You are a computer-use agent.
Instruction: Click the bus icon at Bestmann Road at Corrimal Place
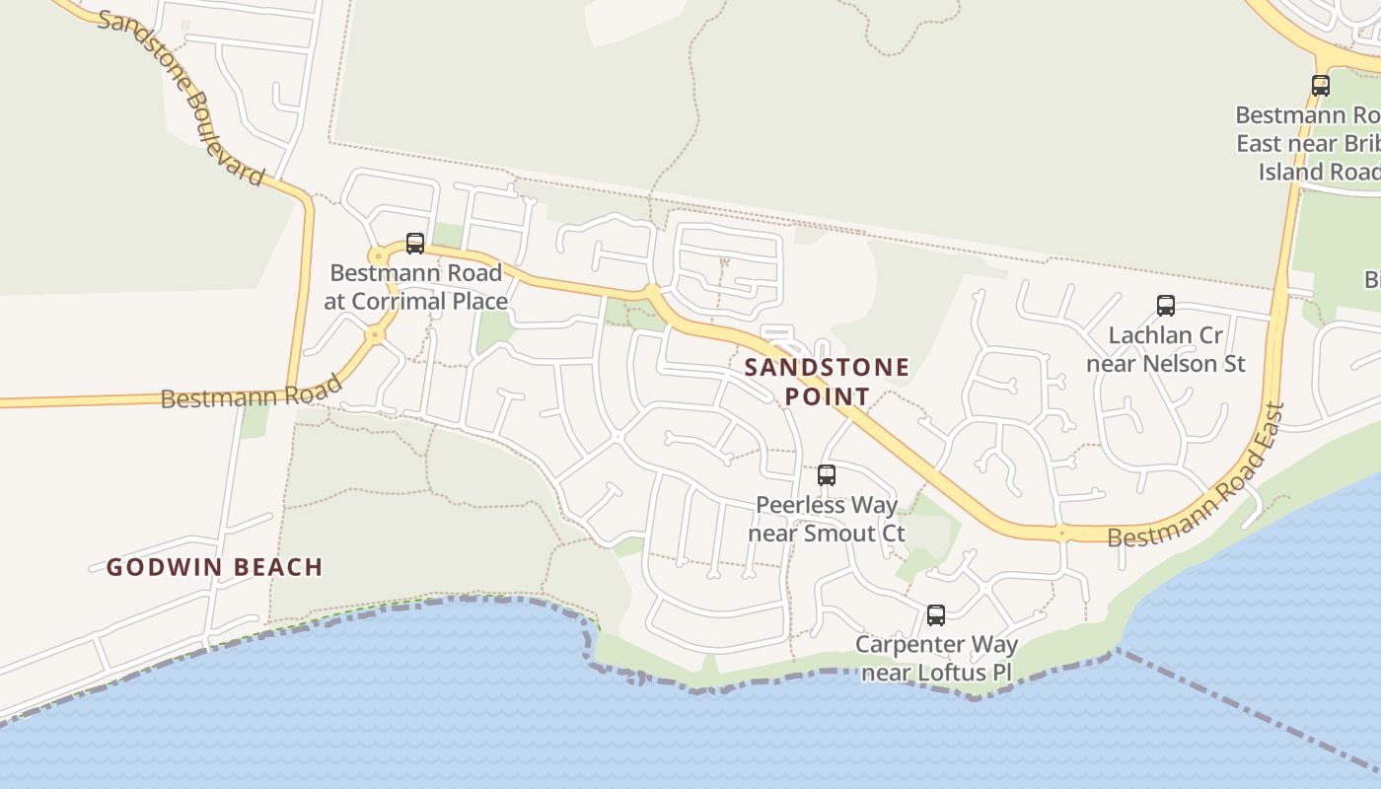pyautogui.click(x=415, y=244)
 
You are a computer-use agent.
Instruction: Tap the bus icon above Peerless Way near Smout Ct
pyautogui.click(x=827, y=475)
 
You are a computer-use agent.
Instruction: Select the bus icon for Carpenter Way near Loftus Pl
pyautogui.click(x=936, y=615)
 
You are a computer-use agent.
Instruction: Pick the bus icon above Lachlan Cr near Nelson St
pyautogui.click(x=1166, y=306)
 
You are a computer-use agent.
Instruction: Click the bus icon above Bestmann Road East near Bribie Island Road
pyautogui.click(x=1321, y=86)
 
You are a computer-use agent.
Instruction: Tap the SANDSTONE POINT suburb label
pyautogui.click(x=827, y=382)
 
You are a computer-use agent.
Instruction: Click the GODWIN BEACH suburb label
pyautogui.click(x=215, y=567)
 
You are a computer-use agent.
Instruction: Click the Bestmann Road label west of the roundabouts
pyautogui.click(x=251, y=392)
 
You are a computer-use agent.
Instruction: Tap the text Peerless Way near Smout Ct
pyautogui.click(x=827, y=520)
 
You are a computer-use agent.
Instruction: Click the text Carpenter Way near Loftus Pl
pyautogui.click(x=936, y=659)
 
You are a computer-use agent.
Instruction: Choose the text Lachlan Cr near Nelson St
pyautogui.click(x=1166, y=349)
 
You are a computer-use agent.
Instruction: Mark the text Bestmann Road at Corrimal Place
pyautogui.click(x=415, y=287)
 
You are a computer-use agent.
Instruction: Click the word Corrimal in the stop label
pyautogui.click(x=410, y=302)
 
